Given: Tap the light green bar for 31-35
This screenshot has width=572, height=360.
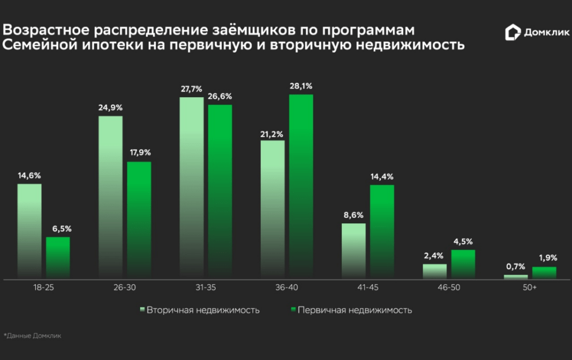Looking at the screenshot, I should (192, 188).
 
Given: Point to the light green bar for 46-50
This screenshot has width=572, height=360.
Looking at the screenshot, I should (435, 271).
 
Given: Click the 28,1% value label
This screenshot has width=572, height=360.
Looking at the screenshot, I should (301, 87).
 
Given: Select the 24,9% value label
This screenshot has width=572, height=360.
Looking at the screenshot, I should (110, 108).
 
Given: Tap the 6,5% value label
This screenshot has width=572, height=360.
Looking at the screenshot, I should (58, 228).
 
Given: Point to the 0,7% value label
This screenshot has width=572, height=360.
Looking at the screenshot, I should (516, 267).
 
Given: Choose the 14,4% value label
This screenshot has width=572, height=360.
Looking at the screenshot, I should (382, 176).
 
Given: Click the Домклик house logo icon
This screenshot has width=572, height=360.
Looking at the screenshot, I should (512, 32).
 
